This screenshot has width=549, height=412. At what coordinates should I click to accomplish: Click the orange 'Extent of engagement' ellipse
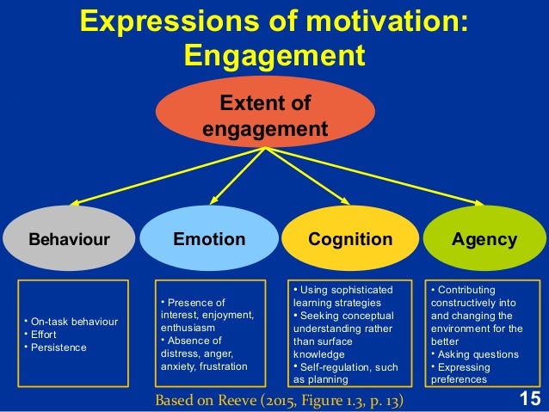265,117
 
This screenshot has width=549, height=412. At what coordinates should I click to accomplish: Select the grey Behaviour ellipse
70,239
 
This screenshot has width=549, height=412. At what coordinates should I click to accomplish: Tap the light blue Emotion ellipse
210,239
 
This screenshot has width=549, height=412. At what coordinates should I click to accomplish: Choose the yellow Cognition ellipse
350,239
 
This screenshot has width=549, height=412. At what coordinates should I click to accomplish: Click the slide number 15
529,399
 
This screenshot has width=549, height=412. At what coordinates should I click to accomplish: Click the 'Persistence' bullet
57,347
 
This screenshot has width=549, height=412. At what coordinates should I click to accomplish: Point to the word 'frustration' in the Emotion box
224,366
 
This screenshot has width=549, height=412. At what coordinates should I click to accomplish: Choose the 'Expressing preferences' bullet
469,372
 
